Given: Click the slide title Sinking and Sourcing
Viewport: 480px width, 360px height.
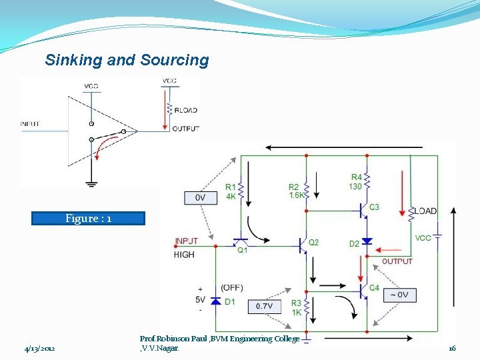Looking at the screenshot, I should point(127,60).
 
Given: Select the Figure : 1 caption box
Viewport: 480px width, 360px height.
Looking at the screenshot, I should point(88,219).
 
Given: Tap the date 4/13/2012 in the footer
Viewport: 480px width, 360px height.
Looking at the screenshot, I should point(39,348).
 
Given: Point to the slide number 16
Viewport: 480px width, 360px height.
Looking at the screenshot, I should point(451,348).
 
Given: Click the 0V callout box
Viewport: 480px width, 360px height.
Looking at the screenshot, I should point(199,198).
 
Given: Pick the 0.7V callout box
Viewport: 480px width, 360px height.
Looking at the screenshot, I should point(265,306).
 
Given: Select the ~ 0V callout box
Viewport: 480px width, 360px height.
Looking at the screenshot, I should point(399,295).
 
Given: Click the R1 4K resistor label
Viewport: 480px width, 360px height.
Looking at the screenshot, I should point(230,191).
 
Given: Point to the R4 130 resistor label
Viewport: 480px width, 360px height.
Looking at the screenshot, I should point(356,182).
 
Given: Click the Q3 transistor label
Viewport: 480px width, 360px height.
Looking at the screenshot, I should point(374,207).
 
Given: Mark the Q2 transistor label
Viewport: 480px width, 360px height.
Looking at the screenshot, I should point(313,242).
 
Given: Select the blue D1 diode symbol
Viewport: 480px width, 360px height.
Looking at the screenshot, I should point(215,301).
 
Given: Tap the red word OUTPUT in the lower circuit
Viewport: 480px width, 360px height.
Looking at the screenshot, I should point(397,261).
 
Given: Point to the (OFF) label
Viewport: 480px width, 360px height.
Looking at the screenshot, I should point(232,287).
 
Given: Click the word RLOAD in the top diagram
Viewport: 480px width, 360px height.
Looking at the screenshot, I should point(185,110).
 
